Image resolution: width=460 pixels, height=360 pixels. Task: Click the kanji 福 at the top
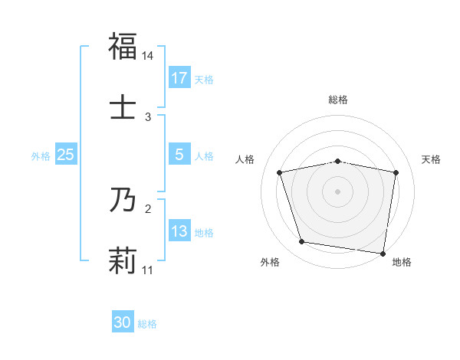coord(123,46)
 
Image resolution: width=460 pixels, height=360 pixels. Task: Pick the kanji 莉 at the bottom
coord(123,261)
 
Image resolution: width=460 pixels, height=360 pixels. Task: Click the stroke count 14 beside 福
coord(148,56)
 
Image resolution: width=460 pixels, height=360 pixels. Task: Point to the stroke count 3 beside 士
coord(148,117)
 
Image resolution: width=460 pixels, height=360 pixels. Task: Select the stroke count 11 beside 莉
coord(148,270)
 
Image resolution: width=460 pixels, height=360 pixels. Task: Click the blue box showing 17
coord(179,78)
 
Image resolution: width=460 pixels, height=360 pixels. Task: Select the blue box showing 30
coord(123,323)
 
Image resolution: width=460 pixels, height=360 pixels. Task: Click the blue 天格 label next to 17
coord(204,79)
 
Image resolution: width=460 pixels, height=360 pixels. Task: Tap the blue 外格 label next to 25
coord(41,156)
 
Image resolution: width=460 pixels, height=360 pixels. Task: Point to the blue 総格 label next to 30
coord(147,324)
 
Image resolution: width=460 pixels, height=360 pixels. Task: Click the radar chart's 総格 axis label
coord(338,100)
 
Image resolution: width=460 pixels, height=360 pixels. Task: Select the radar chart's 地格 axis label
coord(402,262)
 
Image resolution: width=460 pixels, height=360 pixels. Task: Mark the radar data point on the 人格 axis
coord(281,172)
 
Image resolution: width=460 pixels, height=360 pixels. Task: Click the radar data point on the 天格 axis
coord(396,172)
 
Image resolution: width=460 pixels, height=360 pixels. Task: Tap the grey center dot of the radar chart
coord(338,191)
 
